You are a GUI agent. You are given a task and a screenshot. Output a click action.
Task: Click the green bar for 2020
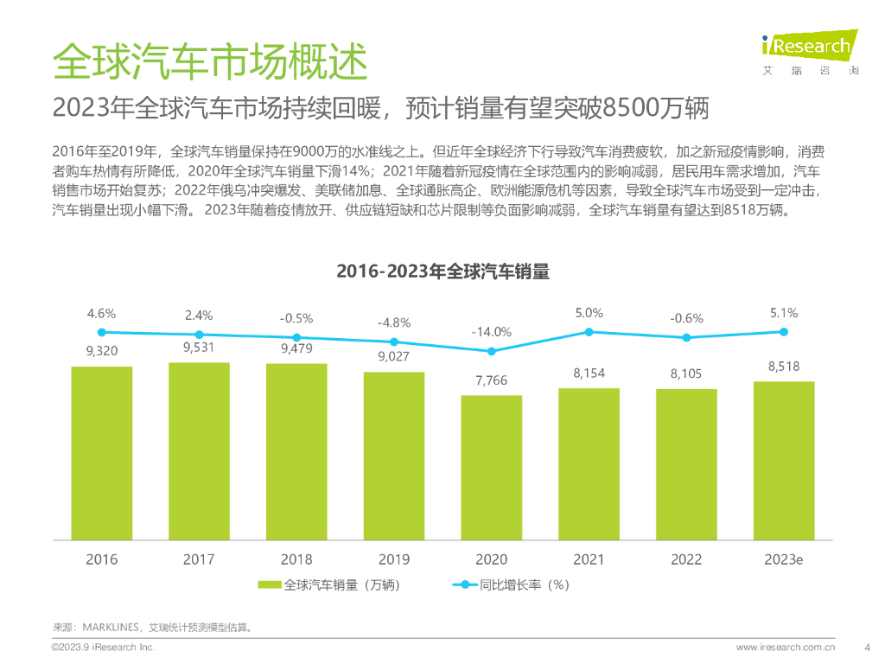click(491, 468)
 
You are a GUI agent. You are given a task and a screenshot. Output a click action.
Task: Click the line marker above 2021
click(589, 332)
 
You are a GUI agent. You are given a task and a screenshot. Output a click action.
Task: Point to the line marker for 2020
click(492, 351)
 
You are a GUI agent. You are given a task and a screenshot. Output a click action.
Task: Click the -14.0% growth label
click(491, 331)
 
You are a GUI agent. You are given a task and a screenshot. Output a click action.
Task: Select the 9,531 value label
click(199, 347)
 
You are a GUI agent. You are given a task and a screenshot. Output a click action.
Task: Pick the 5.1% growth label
click(784, 313)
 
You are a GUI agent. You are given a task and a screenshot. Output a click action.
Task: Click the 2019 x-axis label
click(394, 559)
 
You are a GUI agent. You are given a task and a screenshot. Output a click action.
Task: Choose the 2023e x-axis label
click(784, 559)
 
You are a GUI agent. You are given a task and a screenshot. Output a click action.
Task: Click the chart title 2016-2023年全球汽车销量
click(442, 271)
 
